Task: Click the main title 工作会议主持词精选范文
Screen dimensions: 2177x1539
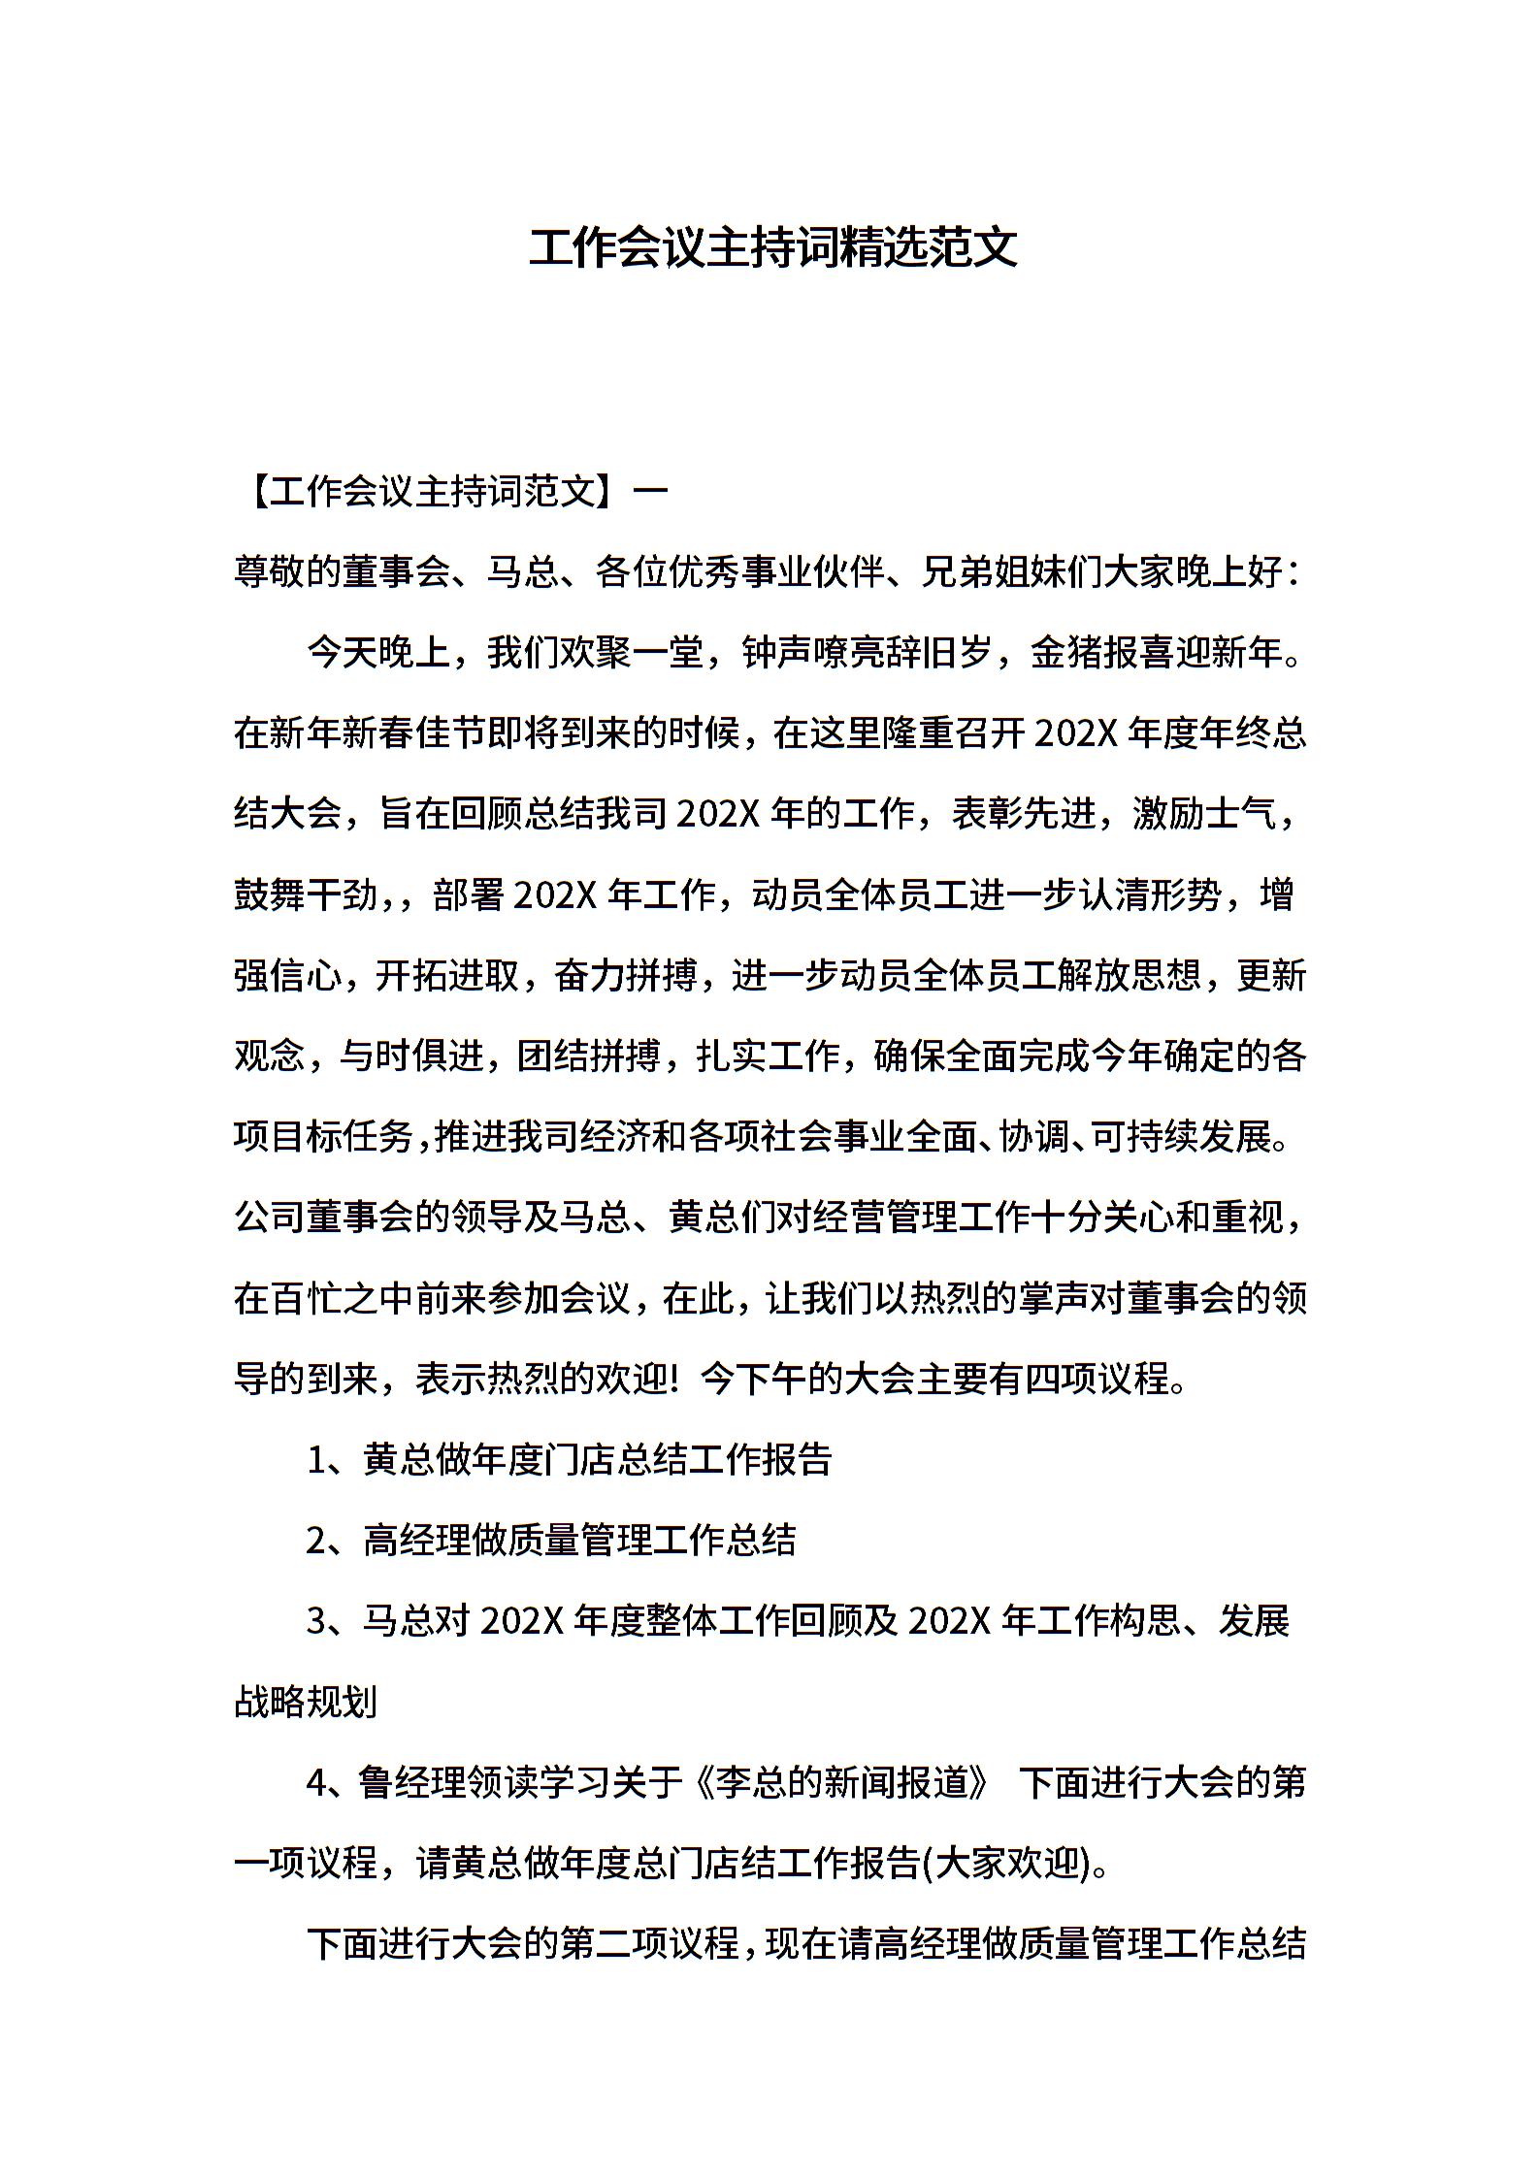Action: pyautogui.click(x=772, y=248)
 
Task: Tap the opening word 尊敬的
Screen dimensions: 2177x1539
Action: pyautogui.click(x=287, y=573)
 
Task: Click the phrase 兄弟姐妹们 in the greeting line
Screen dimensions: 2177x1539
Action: pyautogui.click(x=1010, y=573)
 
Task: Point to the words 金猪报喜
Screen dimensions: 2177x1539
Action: pyautogui.click(x=1101, y=654)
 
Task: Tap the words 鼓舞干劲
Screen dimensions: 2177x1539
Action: pyautogui.click(x=306, y=894)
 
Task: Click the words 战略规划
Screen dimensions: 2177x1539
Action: pyautogui.click(x=306, y=1702)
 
